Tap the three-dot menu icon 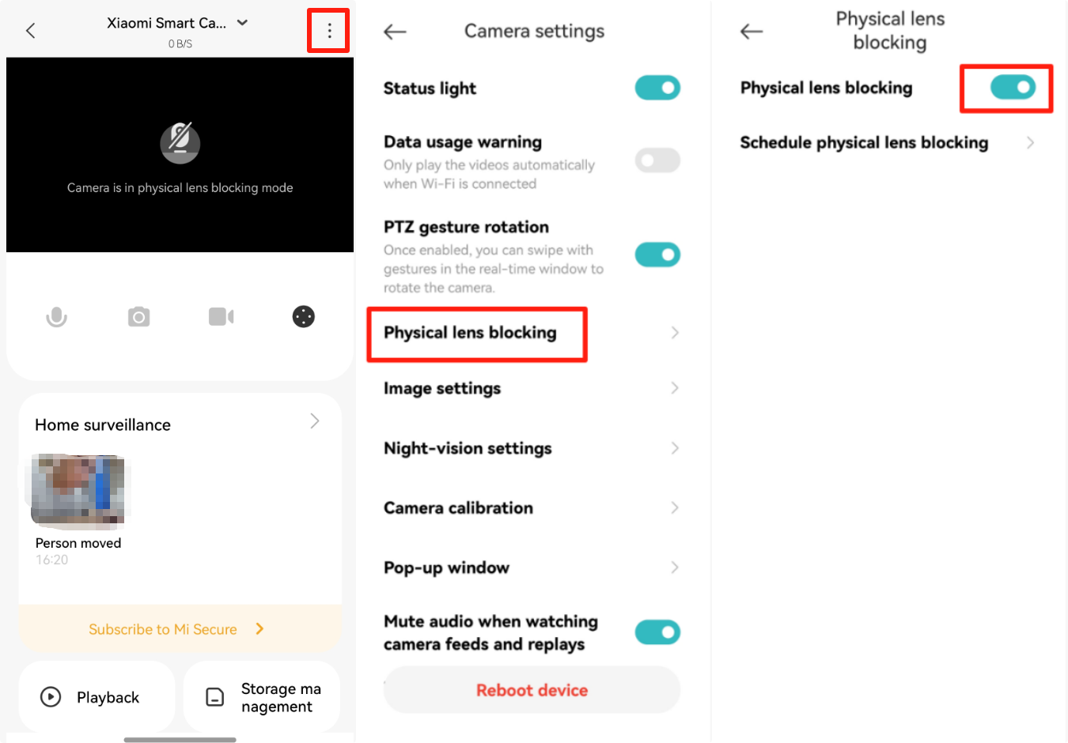[329, 31]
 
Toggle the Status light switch [657, 88]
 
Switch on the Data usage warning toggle [657, 160]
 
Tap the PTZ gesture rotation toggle [657, 255]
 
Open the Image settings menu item [442, 388]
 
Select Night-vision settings [468, 448]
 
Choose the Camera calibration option [458, 507]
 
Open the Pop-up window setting [446, 568]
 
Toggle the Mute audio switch [657, 632]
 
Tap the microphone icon [56, 317]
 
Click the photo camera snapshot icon [138, 317]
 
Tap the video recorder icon [222, 317]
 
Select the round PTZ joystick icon [303, 317]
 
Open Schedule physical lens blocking [864, 142]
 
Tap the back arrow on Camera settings [395, 32]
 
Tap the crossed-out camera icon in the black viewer [180, 143]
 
